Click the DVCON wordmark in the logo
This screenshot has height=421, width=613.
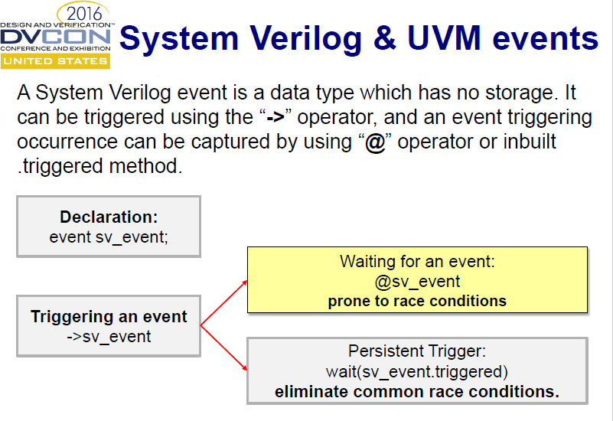click(x=55, y=36)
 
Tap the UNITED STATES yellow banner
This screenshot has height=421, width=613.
click(x=55, y=60)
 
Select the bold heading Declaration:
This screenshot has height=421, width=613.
click(x=109, y=217)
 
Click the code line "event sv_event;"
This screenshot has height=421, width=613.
click(x=109, y=236)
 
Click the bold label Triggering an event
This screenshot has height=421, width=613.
click(x=109, y=317)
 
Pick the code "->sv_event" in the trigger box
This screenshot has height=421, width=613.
click(x=109, y=336)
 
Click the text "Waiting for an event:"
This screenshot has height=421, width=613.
click(x=417, y=262)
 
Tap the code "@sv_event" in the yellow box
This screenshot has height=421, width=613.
click(x=417, y=281)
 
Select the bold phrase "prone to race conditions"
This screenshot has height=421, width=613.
click(x=417, y=301)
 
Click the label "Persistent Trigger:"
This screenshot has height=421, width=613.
click(x=417, y=352)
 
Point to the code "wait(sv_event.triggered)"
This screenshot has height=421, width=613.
click(x=417, y=372)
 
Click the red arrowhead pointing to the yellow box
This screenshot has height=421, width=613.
click(x=244, y=282)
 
